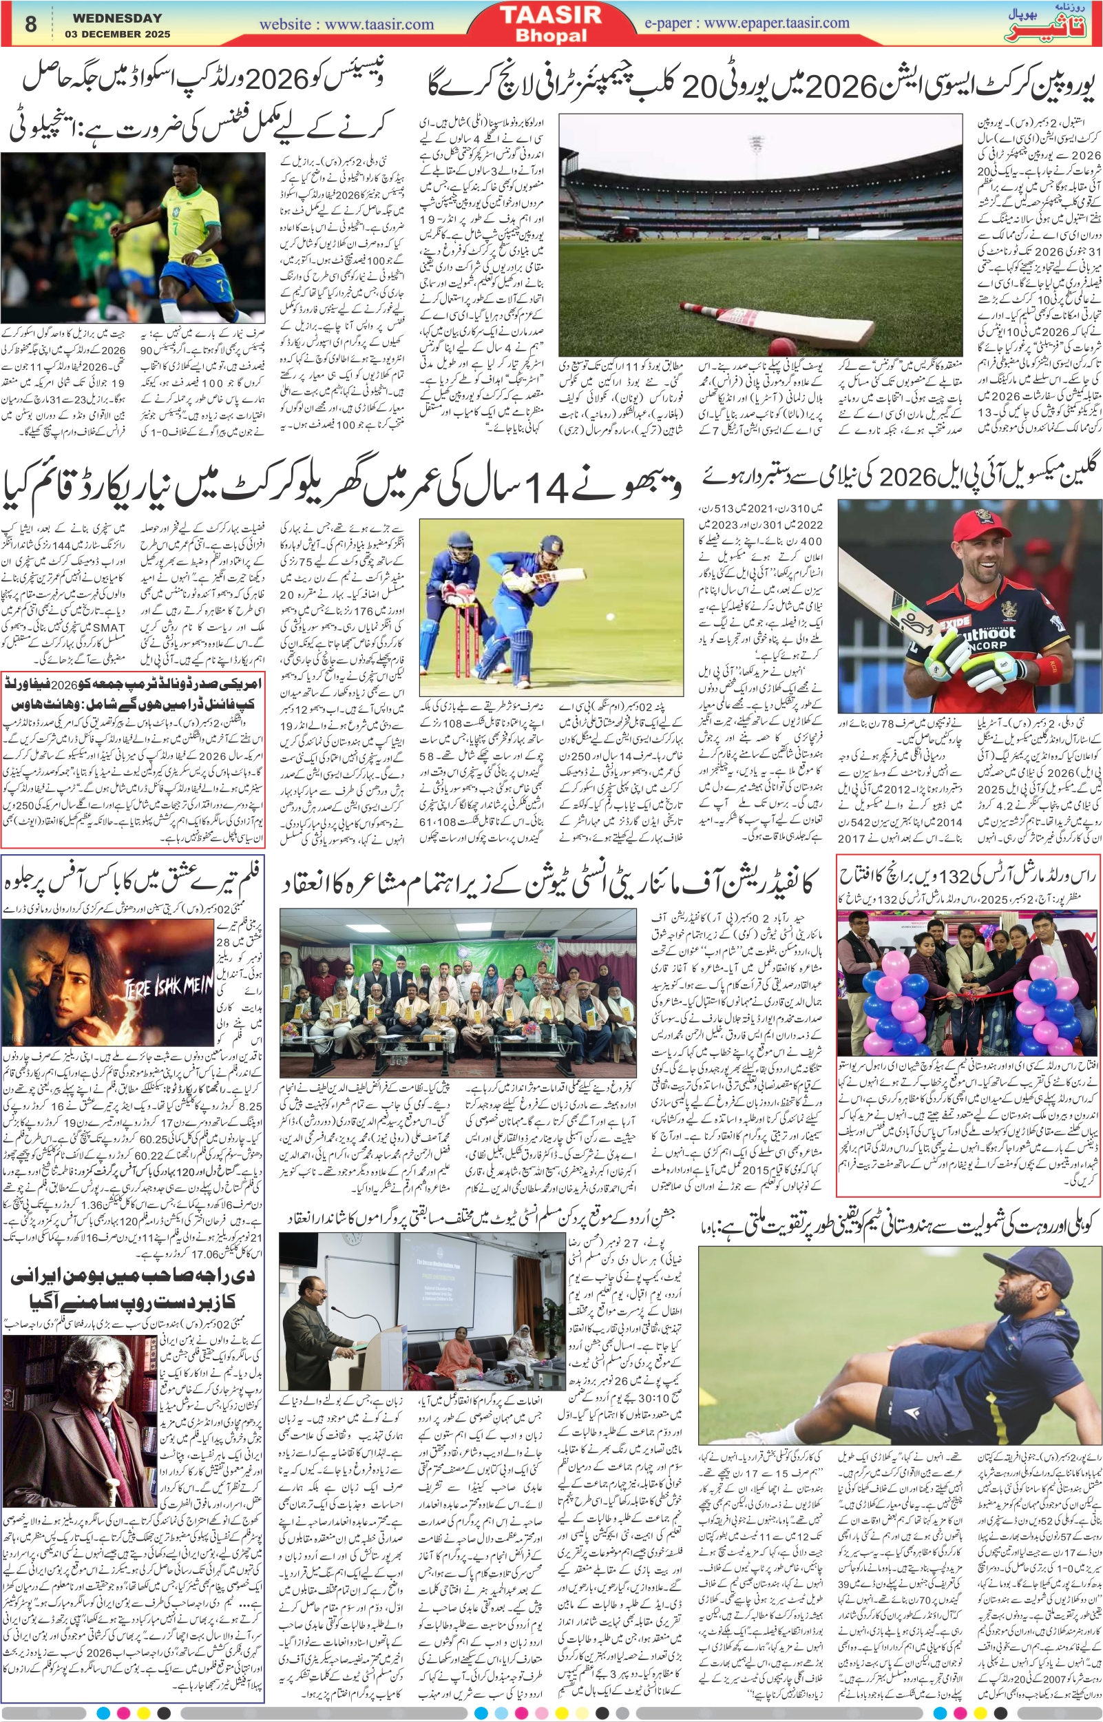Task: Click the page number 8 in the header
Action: pos(30,24)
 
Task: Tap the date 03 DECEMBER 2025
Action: pos(118,34)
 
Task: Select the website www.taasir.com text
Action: pos(346,24)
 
